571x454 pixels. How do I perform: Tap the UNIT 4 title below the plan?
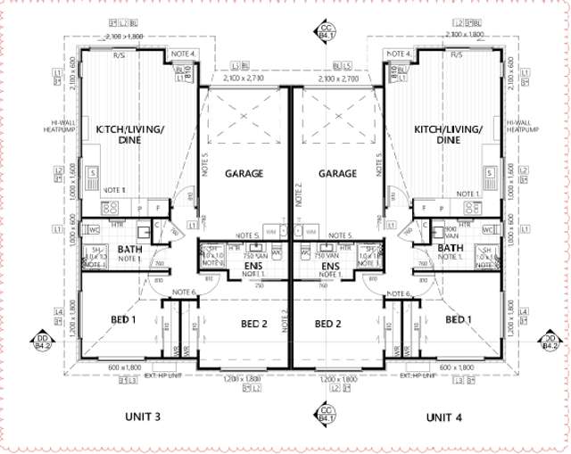coord(443,417)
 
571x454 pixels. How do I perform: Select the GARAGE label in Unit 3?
coord(244,174)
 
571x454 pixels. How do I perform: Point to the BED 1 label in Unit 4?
coord(459,320)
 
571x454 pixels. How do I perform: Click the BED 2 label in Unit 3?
coord(252,323)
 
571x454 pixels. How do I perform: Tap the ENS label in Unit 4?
coord(330,267)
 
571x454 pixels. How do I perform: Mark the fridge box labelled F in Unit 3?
coord(160,208)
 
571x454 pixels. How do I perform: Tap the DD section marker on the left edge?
coord(41,342)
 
